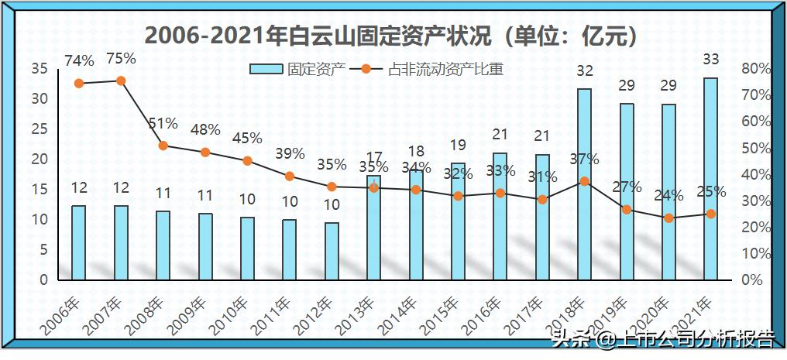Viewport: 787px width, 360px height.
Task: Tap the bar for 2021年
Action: pos(710,179)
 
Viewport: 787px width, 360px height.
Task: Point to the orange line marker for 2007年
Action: pos(121,81)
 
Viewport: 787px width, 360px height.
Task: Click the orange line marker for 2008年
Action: pos(163,146)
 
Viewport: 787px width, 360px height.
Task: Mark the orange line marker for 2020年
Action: pos(668,218)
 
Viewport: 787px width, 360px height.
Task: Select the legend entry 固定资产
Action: pos(295,70)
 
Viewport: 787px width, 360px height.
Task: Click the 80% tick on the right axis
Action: pos(755,69)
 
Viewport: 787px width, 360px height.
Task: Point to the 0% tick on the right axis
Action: pos(752,279)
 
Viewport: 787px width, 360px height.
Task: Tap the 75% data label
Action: pos(121,59)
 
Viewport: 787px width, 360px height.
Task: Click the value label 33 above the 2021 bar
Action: pos(710,59)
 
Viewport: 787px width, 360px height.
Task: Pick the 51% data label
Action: pos(163,124)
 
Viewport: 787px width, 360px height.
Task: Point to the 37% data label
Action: pos(584,159)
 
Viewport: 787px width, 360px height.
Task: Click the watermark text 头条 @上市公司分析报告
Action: pos(662,338)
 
